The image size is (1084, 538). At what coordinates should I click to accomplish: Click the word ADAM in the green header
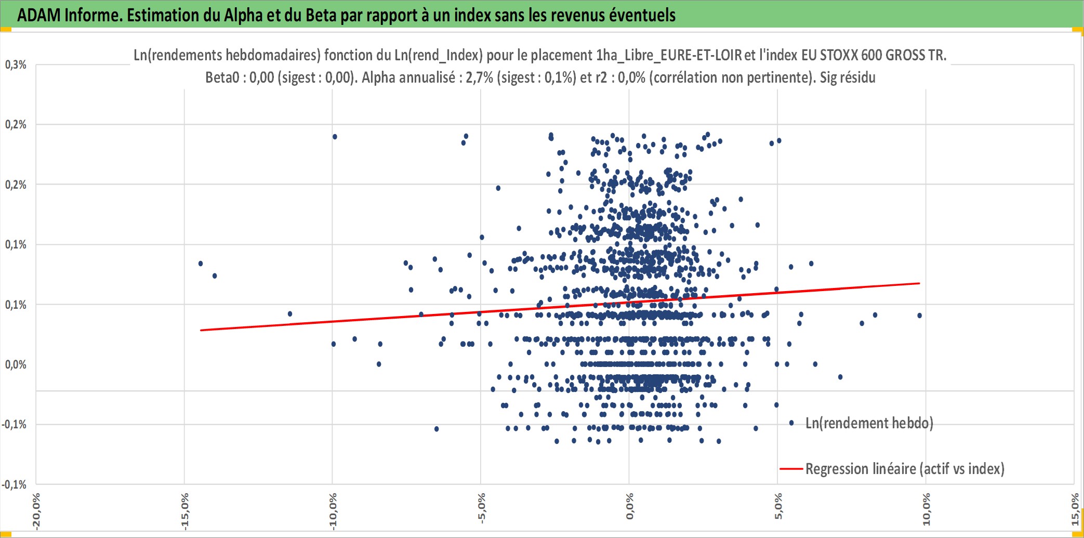pos(39,15)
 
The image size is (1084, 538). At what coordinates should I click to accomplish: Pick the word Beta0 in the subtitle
pos(222,77)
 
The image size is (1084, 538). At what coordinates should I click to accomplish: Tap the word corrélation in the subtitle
pos(683,77)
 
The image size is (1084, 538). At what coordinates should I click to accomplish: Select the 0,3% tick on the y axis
pos(16,64)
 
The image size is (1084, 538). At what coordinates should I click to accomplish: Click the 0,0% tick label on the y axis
pos(16,364)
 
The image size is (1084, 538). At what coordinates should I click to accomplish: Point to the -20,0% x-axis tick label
pos(36,512)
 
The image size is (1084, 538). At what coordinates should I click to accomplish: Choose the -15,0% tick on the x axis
pos(184,512)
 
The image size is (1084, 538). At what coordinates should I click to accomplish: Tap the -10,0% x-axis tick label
pos(333,512)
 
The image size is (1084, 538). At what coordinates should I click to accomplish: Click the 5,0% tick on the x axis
pos(778,507)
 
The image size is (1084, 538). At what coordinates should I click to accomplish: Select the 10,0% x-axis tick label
pos(926,509)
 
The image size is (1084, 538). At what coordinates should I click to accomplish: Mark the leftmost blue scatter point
pos(201,264)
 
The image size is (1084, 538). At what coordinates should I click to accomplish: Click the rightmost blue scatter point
pos(920,316)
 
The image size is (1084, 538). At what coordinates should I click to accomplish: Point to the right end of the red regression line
pos(920,283)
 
